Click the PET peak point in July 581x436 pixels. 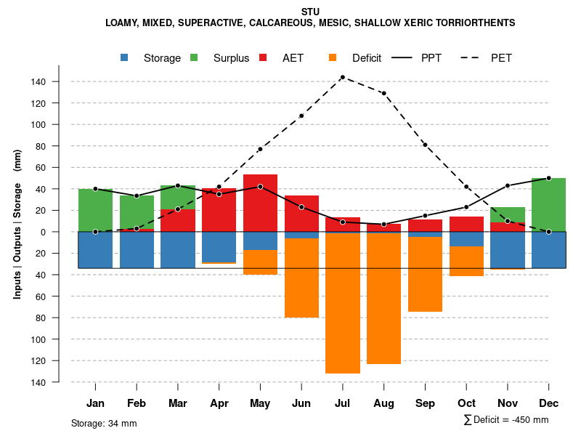click(x=342, y=77)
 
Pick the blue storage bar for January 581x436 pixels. click(x=95, y=250)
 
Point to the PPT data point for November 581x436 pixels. click(x=508, y=185)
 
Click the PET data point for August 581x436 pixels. click(x=383, y=93)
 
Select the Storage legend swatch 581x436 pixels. click(x=125, y=57)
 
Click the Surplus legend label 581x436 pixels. click(x=231, y=58)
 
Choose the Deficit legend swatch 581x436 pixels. click(x=333, y=57)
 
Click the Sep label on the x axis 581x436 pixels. click(x=425, y=403)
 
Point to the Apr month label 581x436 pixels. click(x=219, y=403)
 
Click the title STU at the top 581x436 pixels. click(x=310, y=12)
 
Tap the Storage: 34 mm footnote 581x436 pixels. click(x=104, y=423)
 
